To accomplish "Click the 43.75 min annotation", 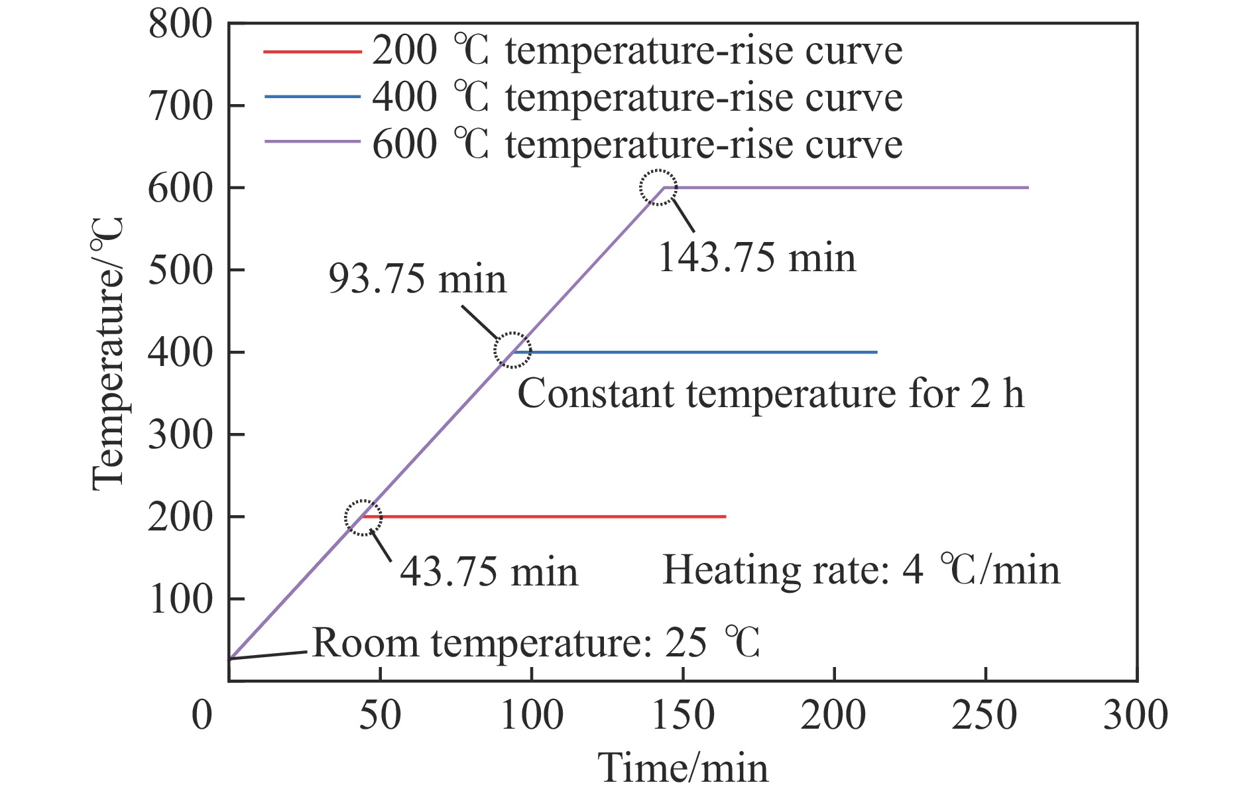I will click(489, 572).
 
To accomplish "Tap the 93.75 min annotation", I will click(417, 278).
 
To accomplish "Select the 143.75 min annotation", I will click(756, 257).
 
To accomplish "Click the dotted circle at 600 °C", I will click(658, 188).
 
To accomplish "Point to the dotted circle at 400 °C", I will click(512, 350).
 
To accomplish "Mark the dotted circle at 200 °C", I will click(363, 518).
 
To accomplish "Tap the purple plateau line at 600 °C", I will click(849, 188).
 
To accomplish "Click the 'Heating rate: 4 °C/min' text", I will click(861, 570).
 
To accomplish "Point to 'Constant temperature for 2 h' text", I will click(770, 393).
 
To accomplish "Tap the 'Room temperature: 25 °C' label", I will click(536, 642).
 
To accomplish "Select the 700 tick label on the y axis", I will click(180, 106).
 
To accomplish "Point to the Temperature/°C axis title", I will click(108, 355).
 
